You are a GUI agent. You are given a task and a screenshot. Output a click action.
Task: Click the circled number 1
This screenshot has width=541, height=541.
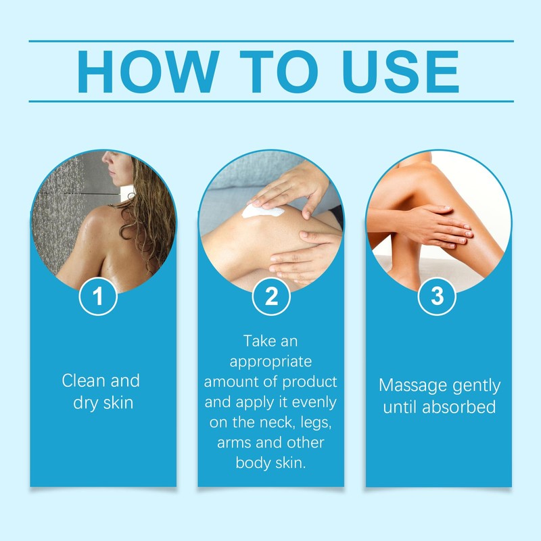pos(99,298)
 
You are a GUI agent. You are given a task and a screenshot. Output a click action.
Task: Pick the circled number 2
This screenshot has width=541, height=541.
pos(270,298)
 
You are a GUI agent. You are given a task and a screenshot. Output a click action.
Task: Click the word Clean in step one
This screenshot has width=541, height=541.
pos(83,381)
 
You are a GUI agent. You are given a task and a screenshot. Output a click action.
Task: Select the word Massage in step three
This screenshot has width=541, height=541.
pos(409,386)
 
